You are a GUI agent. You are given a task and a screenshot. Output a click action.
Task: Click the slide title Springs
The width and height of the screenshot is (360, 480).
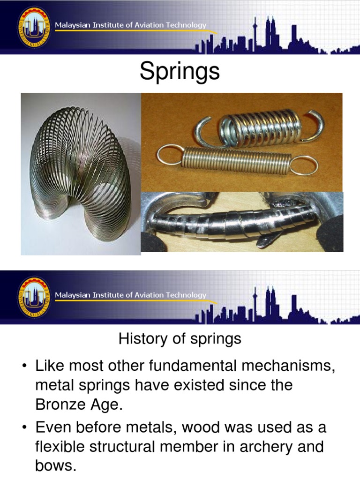[x=180, y=72]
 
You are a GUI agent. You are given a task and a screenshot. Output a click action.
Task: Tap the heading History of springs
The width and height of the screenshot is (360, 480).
[x=180, y=338]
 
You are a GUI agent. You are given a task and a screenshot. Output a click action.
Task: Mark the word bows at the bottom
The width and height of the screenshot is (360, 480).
[x=54, y=466]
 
